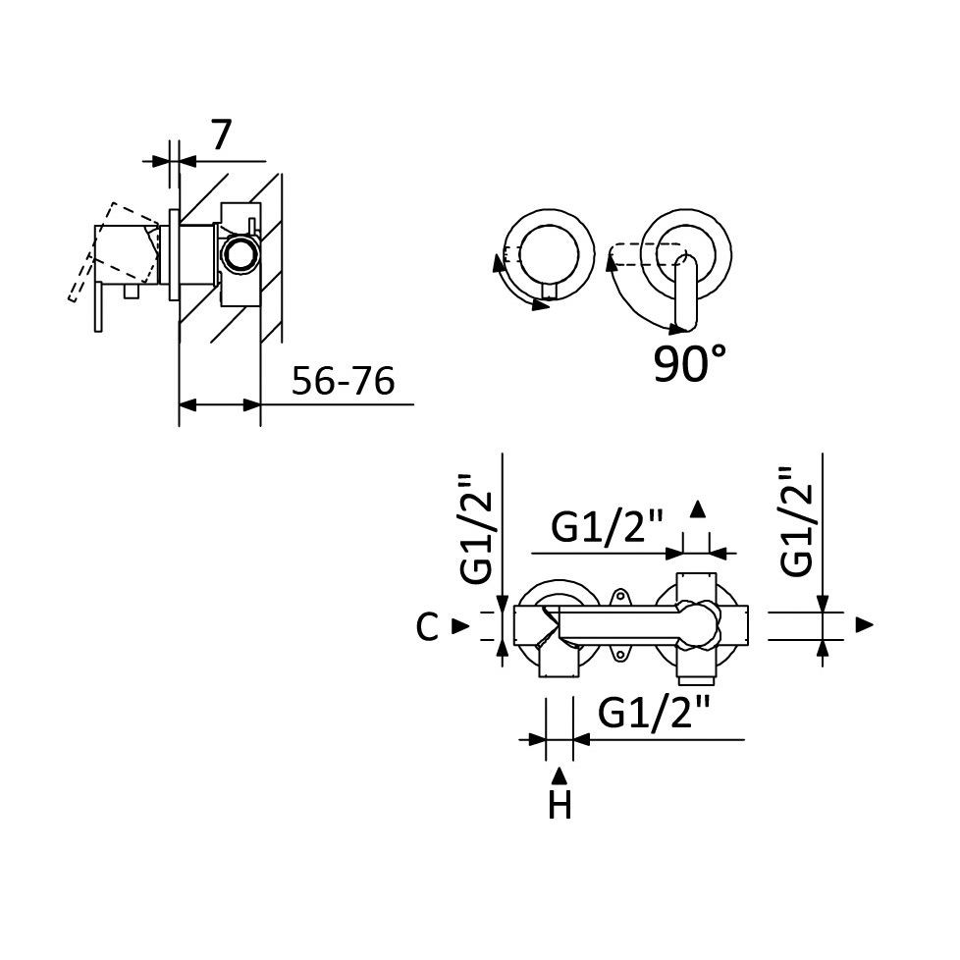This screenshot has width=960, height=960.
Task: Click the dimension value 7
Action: (x=222, y=134)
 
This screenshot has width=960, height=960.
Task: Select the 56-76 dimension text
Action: (x=343, y=380)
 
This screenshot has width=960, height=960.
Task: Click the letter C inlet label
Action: (x=427, y=626)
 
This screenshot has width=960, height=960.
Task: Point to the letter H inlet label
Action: (x=560, y=805)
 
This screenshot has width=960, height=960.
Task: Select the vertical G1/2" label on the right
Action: (x=796, y=521)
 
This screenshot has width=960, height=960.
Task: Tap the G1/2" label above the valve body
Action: (x=608, y=526)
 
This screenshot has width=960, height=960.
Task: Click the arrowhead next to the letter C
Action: (x=460, y=625)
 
